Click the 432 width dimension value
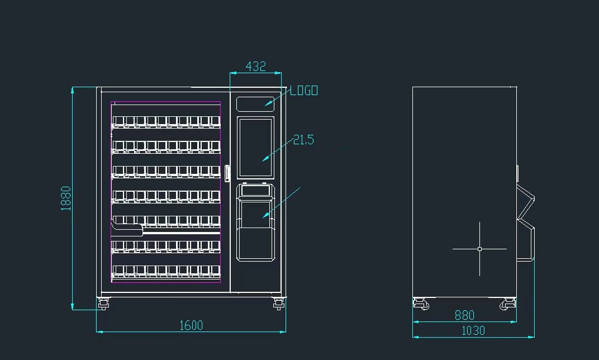click(x=255, y=66)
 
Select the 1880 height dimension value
click(x=66, y=198)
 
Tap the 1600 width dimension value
click(x=191, y=325)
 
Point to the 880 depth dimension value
click(x=464, y=315)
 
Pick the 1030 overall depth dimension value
click(x=473, y=330)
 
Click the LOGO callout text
click(x=303, y=91)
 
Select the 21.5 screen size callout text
click(x=303, y=140)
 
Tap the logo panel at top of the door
click(x=255, y=103)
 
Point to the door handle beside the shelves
click(x=227, y=173)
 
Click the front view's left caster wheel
click(x=103, y=305)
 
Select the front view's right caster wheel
click(x=278, y=305)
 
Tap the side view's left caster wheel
click(x=421, y=304)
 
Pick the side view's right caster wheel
click(x=507, y=304)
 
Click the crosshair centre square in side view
click(x=479, y=249)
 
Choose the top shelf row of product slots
click(x=166, y=121)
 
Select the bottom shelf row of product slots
click(x=166, y=271)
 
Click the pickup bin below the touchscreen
click(x=255, y=229)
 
